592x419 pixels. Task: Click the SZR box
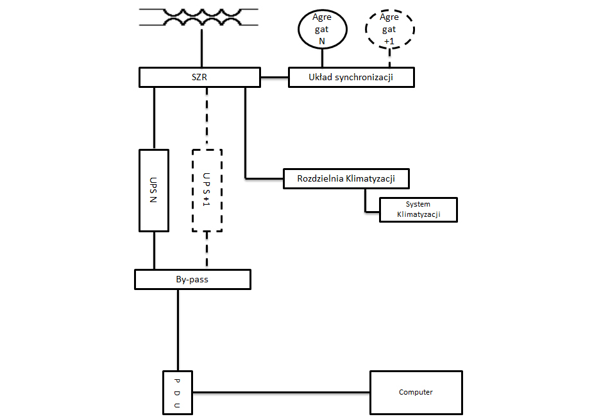[199, 77]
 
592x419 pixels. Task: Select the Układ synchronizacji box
[351, 77]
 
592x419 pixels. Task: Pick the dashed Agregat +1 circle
[390, 30]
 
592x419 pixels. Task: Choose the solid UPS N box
[154, 190]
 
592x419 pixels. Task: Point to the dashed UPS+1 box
[207, 190]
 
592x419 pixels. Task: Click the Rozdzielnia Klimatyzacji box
[346, 178]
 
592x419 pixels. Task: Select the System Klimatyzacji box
[418, 210]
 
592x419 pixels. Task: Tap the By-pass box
[192, 280]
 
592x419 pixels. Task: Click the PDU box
[176, 391]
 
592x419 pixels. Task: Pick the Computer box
[416, 392]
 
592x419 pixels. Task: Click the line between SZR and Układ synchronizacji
[274, 78]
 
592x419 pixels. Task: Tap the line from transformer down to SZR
[201, 48]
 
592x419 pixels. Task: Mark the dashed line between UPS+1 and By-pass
[207, 251]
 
